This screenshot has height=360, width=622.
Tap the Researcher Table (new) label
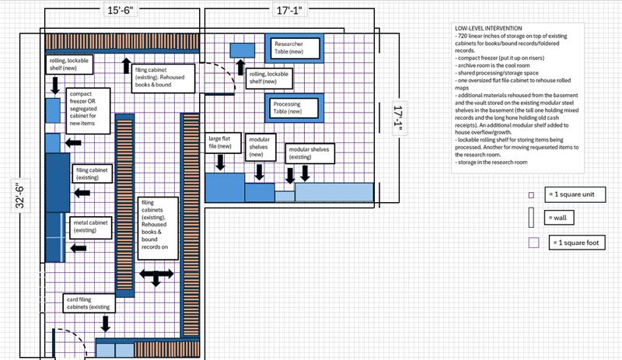coord(294,49)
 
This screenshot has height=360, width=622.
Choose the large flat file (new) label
coord(221,142)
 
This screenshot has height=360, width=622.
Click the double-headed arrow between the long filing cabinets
coord(155,277)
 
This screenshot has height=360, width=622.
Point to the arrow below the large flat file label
coord(220,162)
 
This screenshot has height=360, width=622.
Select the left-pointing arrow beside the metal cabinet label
coord(79,247)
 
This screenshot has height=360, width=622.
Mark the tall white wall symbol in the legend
coord(531,218)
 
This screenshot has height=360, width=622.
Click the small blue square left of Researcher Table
coord(242,50)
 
